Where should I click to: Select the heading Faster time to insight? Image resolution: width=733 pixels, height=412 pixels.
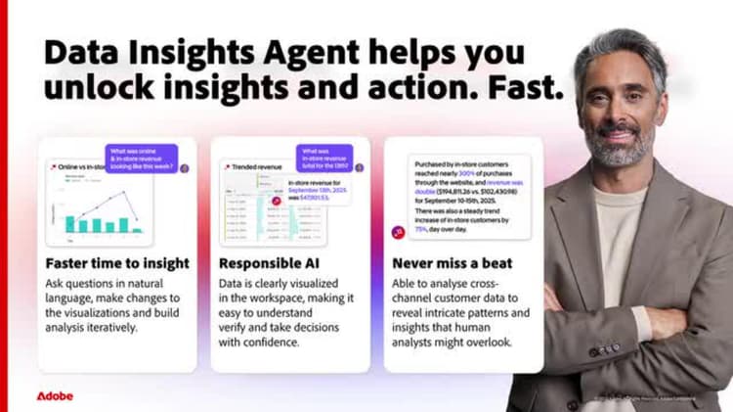117,263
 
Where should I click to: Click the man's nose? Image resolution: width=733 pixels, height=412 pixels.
619,108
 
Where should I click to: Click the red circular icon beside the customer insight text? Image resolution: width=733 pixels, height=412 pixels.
398,231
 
